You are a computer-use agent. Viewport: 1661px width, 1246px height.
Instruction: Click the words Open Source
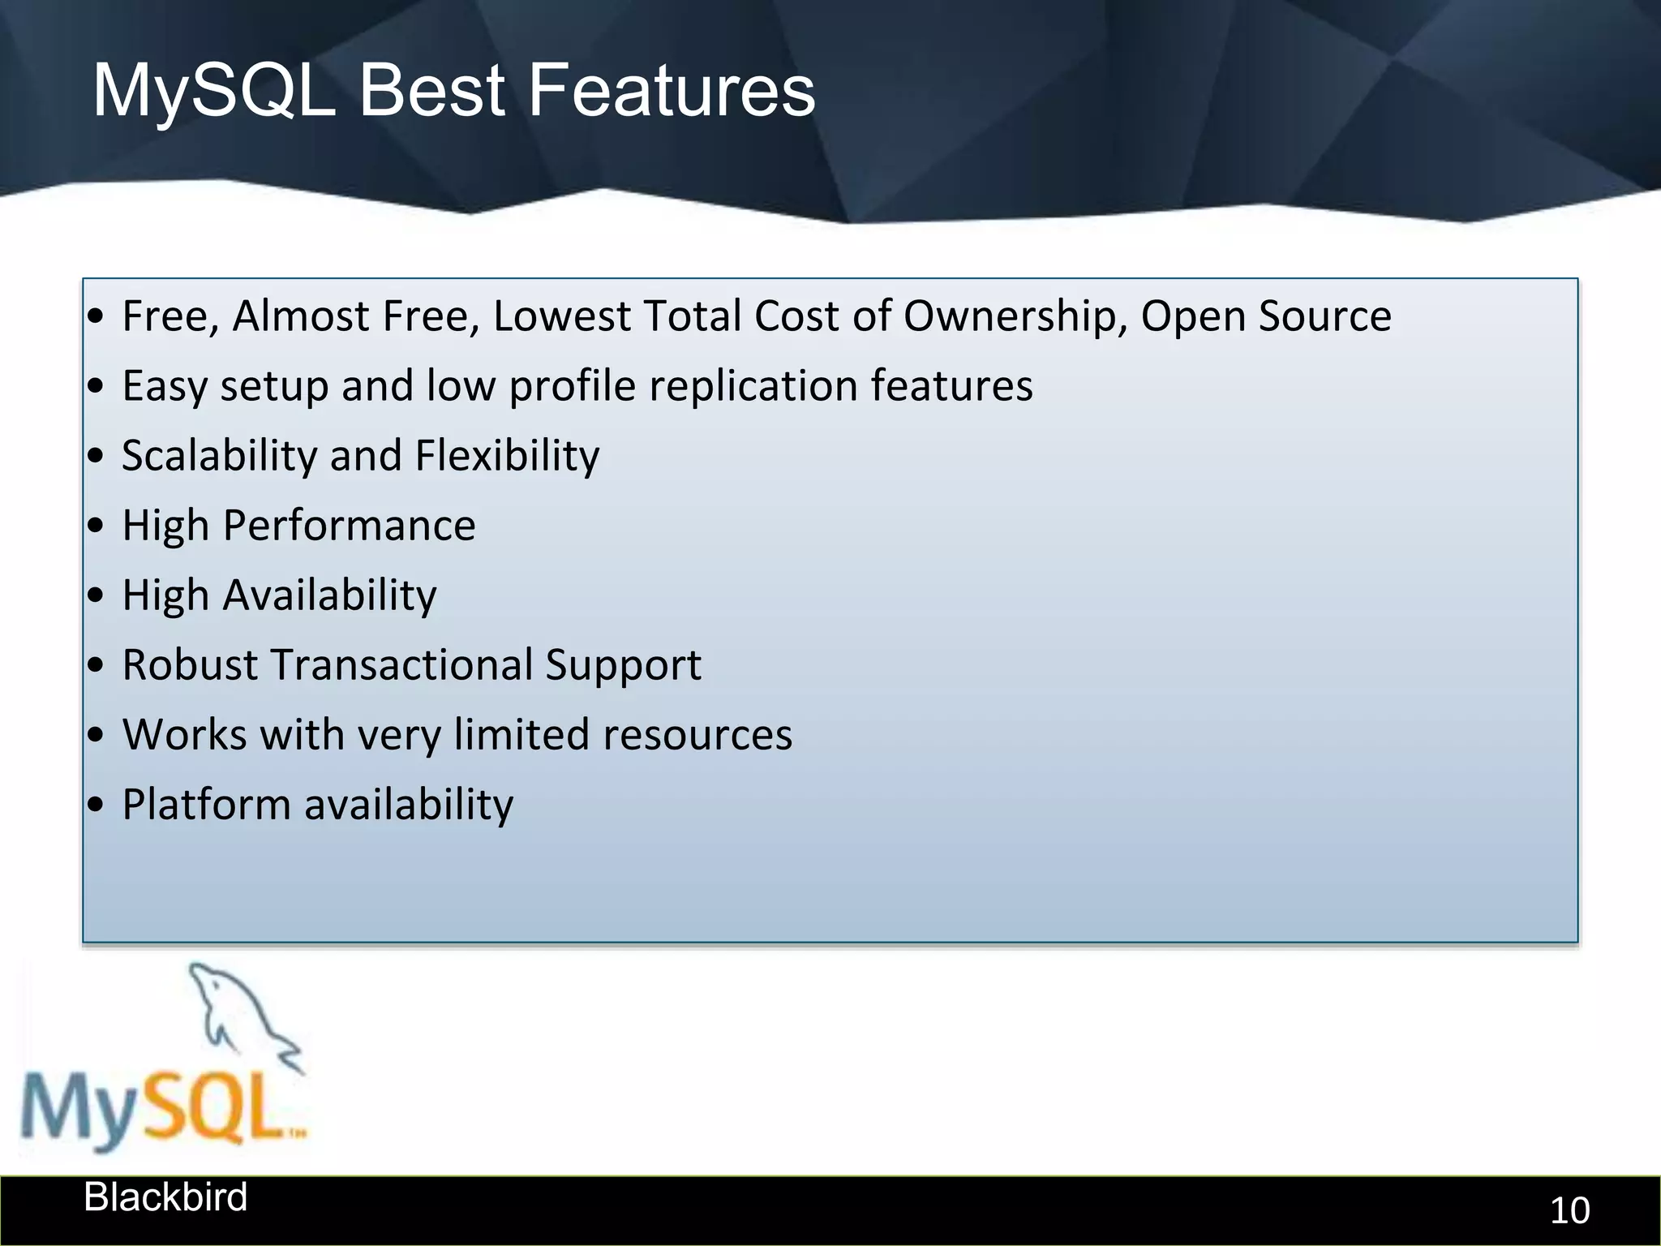pyautogui.click(x=1266, y=316)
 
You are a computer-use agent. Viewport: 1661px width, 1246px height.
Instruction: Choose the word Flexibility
pyautogui.click(x=507, y=455)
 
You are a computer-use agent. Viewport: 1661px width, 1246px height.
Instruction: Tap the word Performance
pyautogui.click(x=349, y=525)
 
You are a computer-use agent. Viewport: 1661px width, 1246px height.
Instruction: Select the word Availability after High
pyautogui.click(x=329, y=595)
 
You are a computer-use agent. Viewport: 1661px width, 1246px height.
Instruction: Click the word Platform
pyautogui.click(x=206, y=804)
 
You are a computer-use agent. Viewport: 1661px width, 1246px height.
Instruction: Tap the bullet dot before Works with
pyautogui.click(x=97, y=736)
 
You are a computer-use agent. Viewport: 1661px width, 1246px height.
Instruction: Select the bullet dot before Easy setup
pyautogui.click(x=97, y=387)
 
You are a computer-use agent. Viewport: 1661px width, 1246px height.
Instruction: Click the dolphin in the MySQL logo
pyautogui.click(x=243, y=1014)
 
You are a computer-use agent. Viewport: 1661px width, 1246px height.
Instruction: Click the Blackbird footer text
pyautogui.click(x=165, y=1197)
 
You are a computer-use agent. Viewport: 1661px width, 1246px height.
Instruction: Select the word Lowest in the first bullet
pyautogui.click(x=561, y=316)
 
